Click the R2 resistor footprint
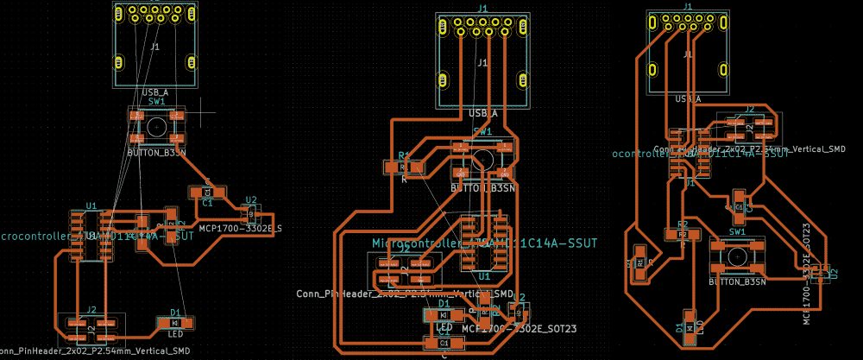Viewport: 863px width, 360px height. point(683,234)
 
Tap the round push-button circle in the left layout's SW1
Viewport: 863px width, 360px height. point(156,126)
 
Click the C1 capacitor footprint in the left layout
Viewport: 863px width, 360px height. point(207,192)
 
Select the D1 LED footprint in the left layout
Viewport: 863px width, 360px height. point(175,323)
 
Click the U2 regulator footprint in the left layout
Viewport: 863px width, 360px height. point(250,212)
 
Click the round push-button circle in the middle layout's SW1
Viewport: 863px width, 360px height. point(482,159)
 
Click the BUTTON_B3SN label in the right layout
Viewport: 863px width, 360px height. point(737,282)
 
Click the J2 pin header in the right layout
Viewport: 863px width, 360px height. point(750,127)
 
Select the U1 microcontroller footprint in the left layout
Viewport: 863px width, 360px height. point(90,235)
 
